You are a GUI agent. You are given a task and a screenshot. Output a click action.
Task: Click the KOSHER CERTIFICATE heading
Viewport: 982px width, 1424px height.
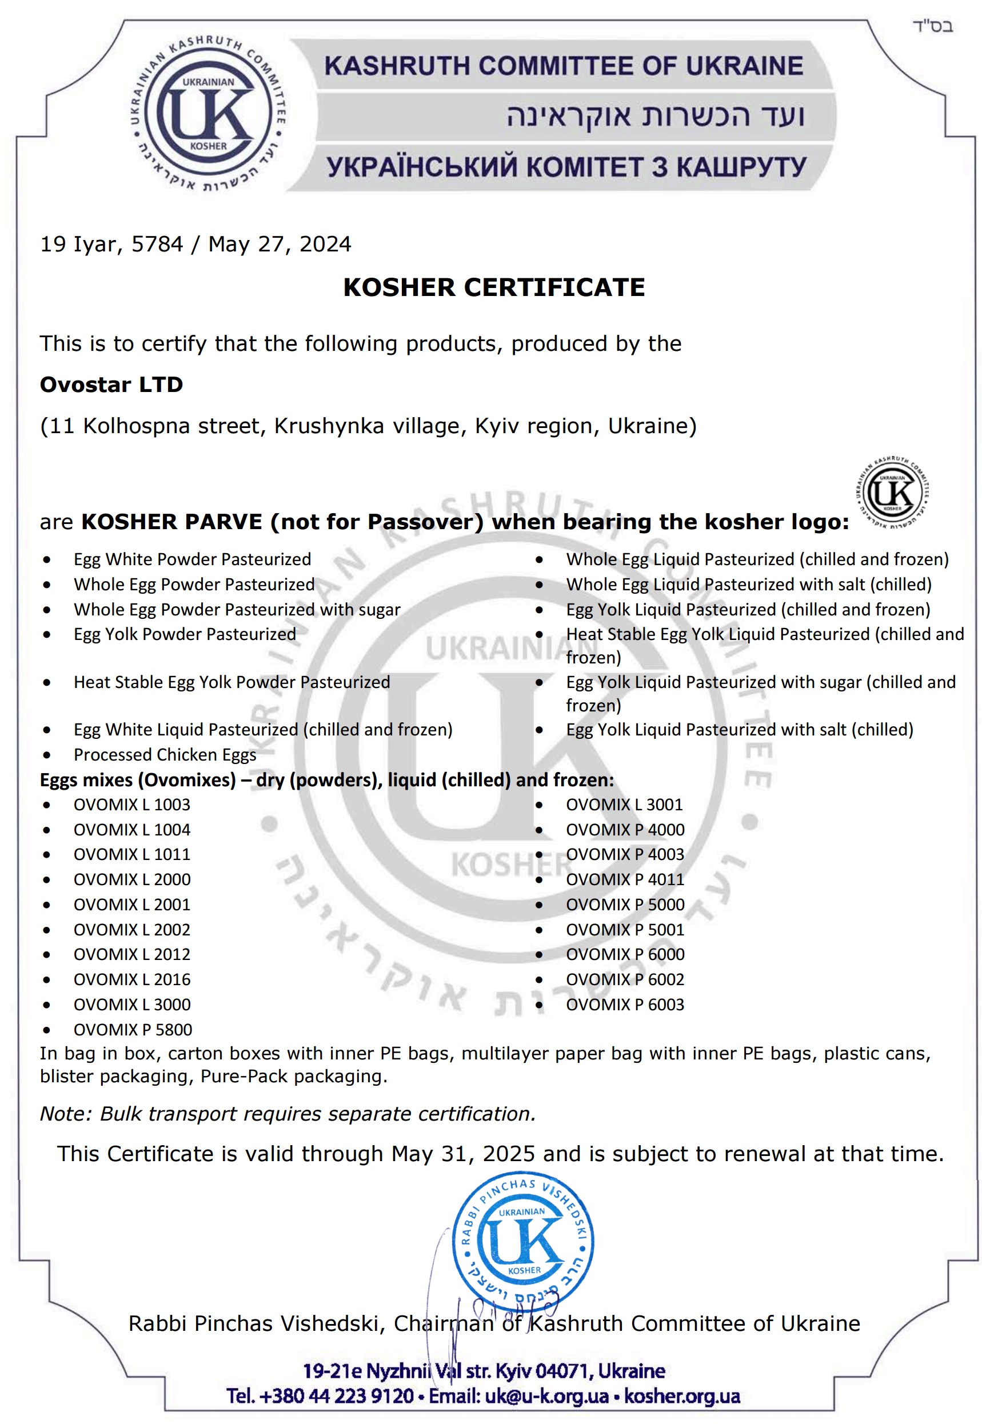[493, 287]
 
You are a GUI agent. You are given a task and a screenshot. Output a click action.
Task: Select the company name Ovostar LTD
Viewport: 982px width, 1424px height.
[111, 385]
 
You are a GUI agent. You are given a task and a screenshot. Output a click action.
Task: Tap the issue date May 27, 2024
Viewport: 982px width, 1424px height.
[280, 244]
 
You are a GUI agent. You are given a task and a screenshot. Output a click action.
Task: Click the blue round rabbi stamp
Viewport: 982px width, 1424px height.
[523, 1246]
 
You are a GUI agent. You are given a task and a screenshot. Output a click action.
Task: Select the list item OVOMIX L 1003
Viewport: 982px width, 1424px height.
[131, 805]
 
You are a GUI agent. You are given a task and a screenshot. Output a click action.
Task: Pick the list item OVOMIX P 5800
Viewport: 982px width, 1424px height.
[133, 1029]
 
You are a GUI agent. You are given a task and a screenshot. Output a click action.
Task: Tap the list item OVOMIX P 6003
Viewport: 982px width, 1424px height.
[625, 1005]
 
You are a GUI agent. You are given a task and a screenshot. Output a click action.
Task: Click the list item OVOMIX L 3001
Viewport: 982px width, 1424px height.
[624, 805]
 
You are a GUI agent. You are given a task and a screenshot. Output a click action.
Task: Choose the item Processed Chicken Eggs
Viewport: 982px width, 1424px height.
[165, 755]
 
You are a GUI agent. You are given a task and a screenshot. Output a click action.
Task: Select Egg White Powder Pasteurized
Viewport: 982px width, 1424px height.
[192, 559]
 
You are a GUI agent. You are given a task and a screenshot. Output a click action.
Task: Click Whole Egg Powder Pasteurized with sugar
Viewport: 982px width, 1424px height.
[237, 610]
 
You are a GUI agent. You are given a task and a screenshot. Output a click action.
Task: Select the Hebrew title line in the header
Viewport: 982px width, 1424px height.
[654, 115]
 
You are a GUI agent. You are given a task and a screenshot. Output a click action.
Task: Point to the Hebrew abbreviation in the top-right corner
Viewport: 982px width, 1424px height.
[932, 26]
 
